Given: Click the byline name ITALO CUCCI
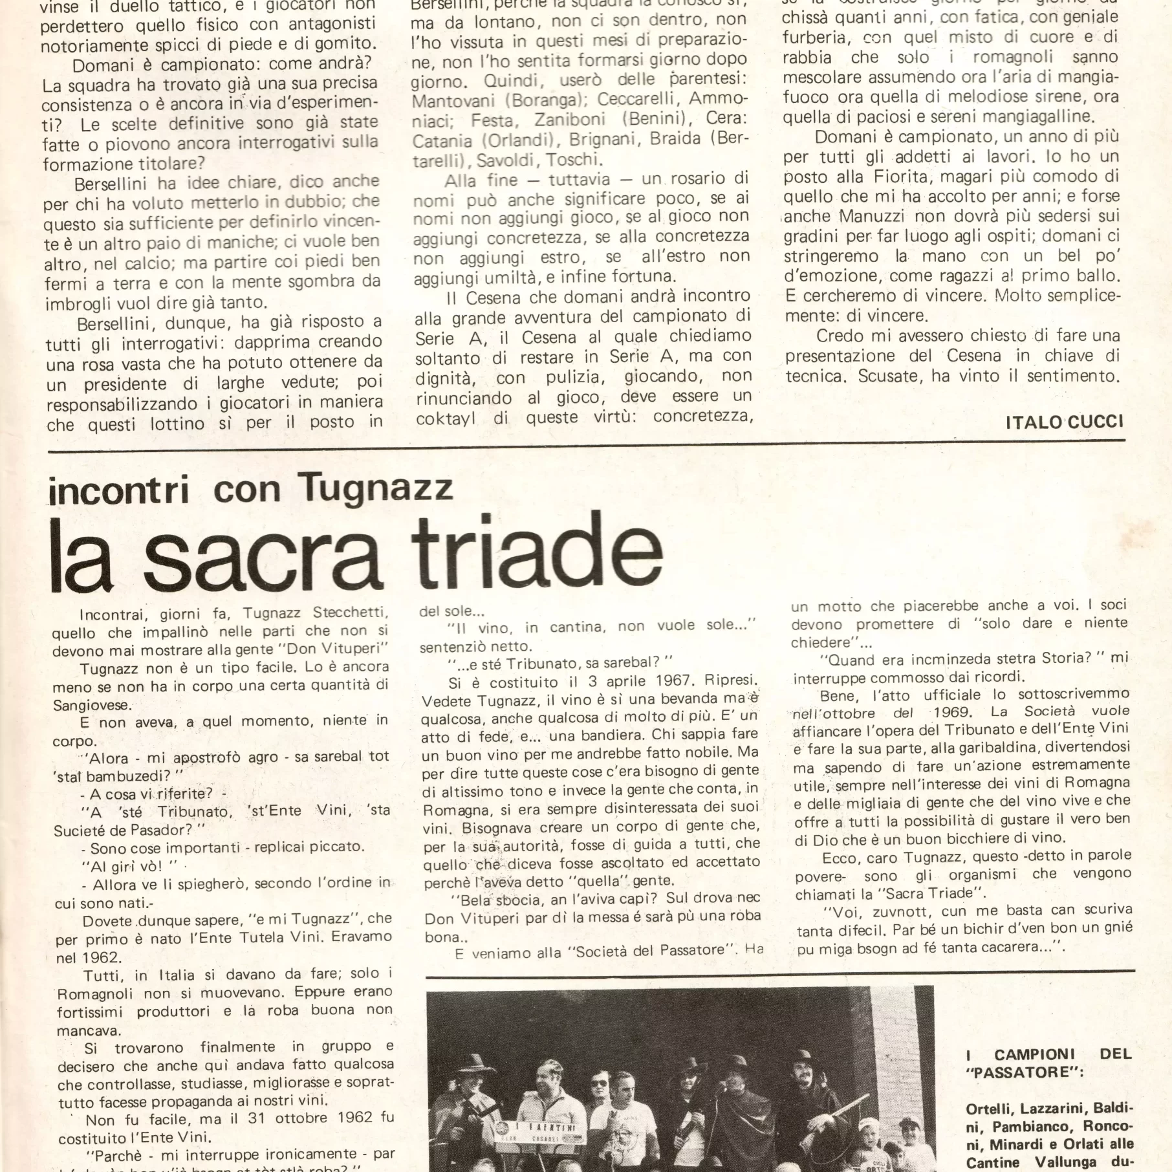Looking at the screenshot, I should [1065, 422].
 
